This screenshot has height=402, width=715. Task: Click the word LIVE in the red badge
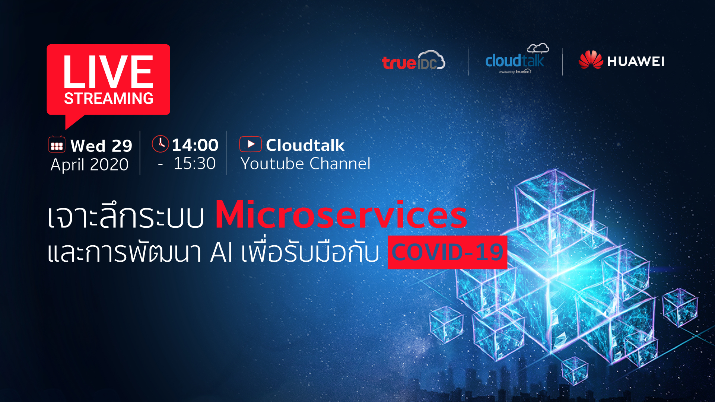tap(108, 71)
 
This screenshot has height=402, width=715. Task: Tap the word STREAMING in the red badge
tap(108, 99)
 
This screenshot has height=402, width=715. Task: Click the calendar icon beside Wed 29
tap(57, 144)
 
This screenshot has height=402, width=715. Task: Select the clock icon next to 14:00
tap(161, 144)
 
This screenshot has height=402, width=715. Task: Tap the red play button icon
tap(250, 144)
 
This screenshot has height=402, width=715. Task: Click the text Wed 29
tap(101, 146)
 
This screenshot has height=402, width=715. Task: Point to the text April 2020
tap(90, 165)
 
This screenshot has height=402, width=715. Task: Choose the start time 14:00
tap(195, 145)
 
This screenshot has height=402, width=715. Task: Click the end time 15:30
tap(195, 163)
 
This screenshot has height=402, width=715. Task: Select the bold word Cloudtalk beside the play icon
tap(305, 145)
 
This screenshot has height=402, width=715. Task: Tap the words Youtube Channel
tap(305, 163)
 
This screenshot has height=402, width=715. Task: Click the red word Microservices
tap(341, 214)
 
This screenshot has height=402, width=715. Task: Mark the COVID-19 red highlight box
tap(447, 252)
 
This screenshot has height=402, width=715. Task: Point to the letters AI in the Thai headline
tap(222, 252)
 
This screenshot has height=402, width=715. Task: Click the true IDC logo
tap(413, 60)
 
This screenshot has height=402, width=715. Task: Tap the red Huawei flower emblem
tap(591, 60)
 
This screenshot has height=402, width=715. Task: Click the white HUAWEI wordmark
tap(636, 61)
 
